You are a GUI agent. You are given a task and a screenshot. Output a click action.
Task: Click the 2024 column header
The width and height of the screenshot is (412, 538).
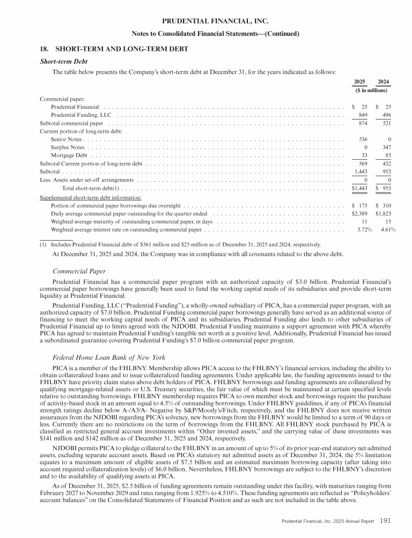(383, 82)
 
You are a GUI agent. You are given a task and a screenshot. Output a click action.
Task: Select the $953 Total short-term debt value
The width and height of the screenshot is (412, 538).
(383, 188)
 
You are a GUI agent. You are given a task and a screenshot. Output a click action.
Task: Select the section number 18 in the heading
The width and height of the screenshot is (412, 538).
(45, 49)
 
